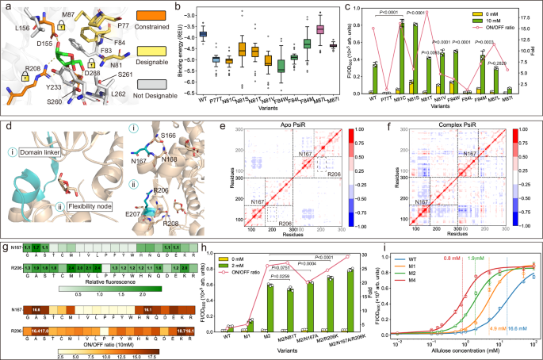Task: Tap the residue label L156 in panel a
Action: point(17,26)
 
